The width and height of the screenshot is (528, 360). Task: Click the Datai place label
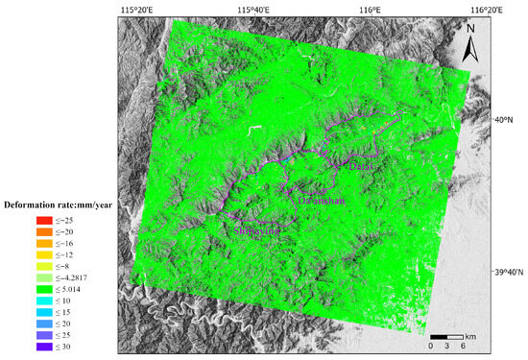361,167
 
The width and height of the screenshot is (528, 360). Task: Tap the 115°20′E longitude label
138,9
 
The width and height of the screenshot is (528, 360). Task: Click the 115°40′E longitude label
252,9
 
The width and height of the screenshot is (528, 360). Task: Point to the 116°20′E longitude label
483,9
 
